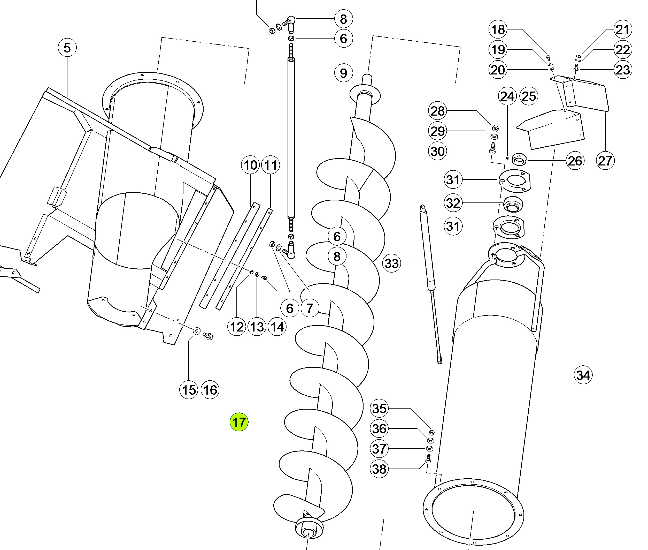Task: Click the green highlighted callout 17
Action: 239,422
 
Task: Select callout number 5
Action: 67,48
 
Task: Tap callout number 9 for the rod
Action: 343,73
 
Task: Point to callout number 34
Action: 583,375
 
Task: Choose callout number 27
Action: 605,161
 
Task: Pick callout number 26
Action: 575,161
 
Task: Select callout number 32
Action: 453,203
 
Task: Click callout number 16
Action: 210,390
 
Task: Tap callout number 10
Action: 250,165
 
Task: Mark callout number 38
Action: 379,469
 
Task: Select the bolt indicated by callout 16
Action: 208,336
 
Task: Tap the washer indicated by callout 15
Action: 197,330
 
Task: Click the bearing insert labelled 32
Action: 513,205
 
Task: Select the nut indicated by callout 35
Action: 431,432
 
